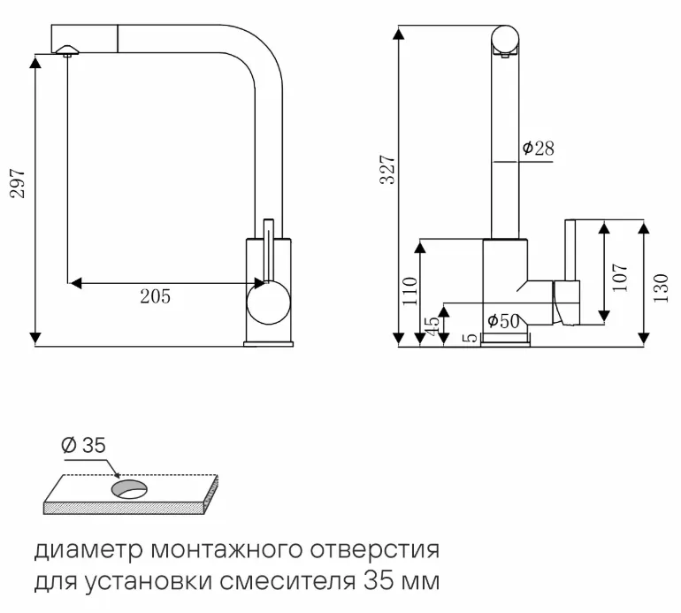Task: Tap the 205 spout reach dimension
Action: click(x=155, y=296)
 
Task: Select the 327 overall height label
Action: click(x=386, y=169)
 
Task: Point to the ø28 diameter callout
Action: click(x=537, y=149)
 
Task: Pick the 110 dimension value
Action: click(x=409, y=290)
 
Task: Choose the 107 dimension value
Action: click(x=619, y=277)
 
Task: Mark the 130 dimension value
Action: click(x=661, y=287)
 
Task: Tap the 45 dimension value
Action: click(x=432, y=326)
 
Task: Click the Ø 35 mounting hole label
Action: click(x=84, y=446)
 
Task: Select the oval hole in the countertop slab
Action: click(x=128, y=487)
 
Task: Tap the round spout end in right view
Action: click(x=505, y=41)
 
